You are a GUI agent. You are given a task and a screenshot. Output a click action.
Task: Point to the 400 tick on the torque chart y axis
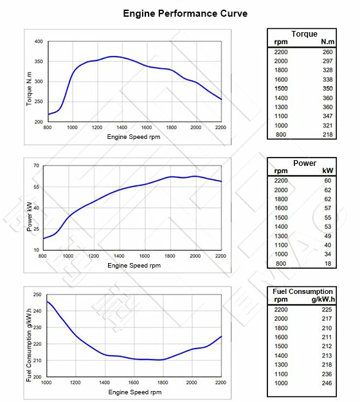point(38,42)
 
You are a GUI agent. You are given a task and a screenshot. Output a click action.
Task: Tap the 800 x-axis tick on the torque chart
point(48,128)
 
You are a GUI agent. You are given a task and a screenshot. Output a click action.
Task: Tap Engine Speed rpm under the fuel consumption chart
point(134,391)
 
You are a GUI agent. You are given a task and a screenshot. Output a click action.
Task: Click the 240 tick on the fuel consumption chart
point(37,311)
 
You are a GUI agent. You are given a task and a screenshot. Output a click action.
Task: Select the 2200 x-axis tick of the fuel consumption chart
point(221,383)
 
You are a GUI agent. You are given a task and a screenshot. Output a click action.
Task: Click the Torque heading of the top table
point(304,34)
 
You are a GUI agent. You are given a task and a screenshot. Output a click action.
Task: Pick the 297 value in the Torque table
point(328,61)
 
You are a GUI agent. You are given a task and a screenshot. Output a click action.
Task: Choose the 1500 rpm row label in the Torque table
point(281,88)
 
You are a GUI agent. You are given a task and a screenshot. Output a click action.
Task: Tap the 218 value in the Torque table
point(328,134)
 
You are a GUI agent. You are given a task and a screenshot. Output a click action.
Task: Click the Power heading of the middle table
point(304,163)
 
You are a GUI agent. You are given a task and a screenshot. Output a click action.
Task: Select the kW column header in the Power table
point(328,171)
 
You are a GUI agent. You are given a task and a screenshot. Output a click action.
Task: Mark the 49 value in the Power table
point(328,235)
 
